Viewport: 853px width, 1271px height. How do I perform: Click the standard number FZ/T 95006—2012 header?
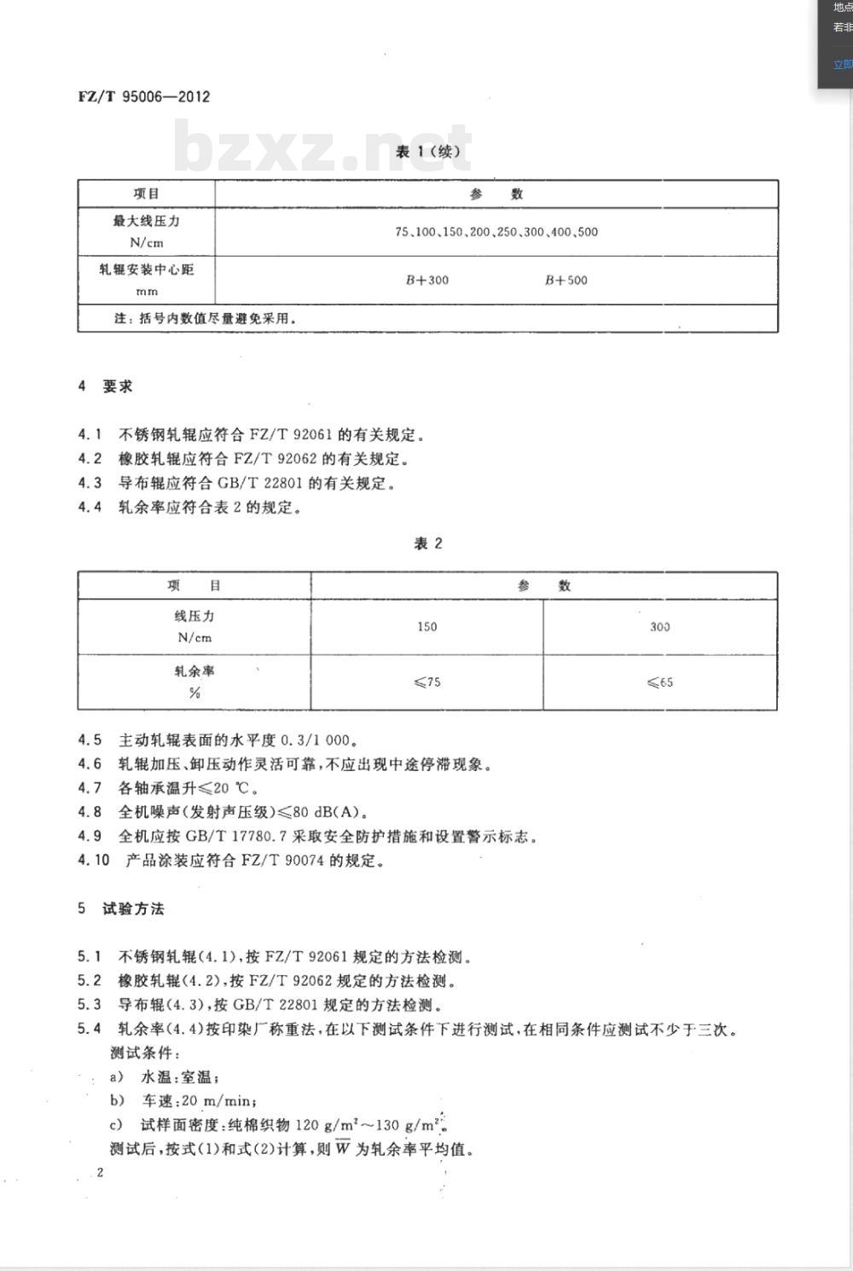143,96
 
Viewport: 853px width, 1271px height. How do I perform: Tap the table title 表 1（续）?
428,152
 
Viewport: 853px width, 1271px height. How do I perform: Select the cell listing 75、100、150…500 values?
496,232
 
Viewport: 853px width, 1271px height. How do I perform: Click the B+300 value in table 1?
426,280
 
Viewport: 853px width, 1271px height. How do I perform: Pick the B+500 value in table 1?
566,280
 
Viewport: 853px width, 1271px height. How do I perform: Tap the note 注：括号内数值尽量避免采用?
206,319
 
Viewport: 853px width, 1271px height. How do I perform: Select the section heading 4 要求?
106,386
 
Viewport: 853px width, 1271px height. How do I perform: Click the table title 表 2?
428,543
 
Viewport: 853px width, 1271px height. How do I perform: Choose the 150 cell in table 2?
426,627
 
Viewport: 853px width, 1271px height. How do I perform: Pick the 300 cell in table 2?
659,627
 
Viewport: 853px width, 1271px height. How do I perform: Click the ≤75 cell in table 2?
426,682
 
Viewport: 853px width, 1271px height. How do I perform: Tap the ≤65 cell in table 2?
659,682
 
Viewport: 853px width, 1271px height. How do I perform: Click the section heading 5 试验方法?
121,909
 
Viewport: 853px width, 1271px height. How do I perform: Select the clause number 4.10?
94,860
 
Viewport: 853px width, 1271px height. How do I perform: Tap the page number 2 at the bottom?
100,1172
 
